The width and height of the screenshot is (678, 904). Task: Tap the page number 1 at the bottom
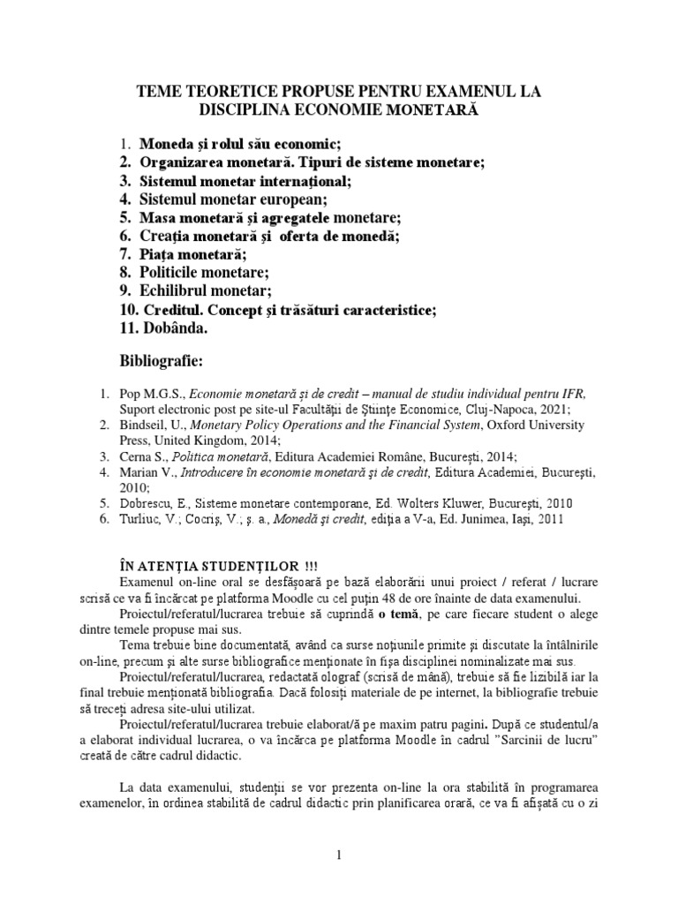click(337, 856)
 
